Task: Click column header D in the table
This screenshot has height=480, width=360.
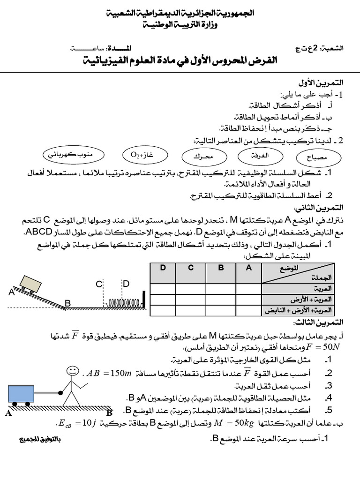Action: point(163,268)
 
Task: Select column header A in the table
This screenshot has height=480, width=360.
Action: point(248,268)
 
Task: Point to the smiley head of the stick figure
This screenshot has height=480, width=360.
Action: point(72,371)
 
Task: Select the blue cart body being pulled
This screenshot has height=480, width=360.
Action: point(22,392)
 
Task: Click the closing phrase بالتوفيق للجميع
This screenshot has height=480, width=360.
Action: point(40,440)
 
